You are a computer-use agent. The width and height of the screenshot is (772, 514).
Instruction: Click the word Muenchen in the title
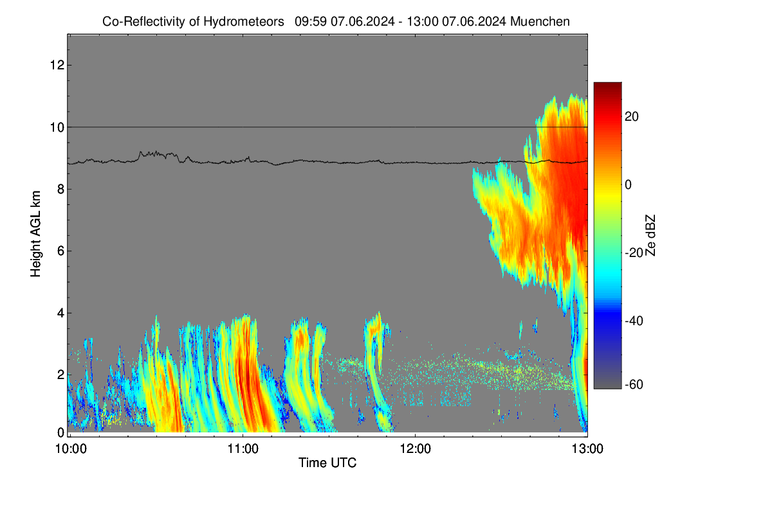[540, 22]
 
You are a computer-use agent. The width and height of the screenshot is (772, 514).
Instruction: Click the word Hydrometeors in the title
[244, 22]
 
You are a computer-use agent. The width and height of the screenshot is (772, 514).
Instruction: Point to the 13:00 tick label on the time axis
[587, 449]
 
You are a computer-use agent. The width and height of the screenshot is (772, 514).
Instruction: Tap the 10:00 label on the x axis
[71, 449]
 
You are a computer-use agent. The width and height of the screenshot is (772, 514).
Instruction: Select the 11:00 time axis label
[243, 449]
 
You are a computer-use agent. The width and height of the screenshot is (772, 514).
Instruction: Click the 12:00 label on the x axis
[416, 449]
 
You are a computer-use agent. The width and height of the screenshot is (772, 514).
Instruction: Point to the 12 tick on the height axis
[57, 65]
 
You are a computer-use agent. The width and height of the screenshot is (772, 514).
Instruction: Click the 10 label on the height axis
[57, 127]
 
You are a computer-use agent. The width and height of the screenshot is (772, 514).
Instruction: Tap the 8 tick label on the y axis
[61, 189]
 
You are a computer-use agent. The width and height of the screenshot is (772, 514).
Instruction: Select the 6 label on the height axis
[61, 251]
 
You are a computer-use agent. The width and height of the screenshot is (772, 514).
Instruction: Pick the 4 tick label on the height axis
[61, 313]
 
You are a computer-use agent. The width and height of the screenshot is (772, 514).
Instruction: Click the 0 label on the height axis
[61, 432]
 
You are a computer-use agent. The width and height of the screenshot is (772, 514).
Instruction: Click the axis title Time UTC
[327, 463]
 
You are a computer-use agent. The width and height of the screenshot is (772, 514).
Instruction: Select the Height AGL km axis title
[35, 234]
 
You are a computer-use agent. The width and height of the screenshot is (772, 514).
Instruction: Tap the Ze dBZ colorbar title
[650, 235]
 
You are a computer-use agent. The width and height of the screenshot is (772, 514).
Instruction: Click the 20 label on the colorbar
[631, 117]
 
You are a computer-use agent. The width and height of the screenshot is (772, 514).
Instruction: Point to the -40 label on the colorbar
[634, 321]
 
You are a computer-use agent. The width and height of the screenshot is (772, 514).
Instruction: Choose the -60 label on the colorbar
[634, 385]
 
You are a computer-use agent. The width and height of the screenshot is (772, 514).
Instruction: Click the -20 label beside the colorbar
[634, 253]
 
